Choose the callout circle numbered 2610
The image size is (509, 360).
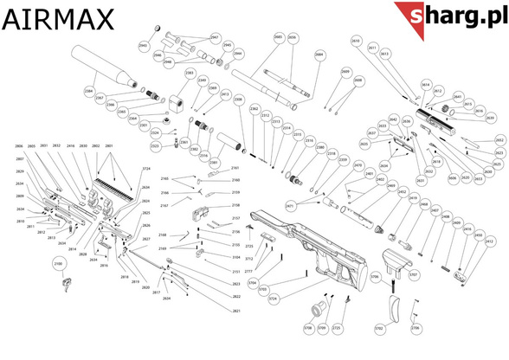tap(355, 41)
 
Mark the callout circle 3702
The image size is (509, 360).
tap(379, 329)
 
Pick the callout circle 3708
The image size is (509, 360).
tap(307, 329)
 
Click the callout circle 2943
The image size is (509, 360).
tap(144, 45)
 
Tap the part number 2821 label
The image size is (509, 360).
tap(212, 310)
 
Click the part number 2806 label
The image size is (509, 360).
tap(18, 147)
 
